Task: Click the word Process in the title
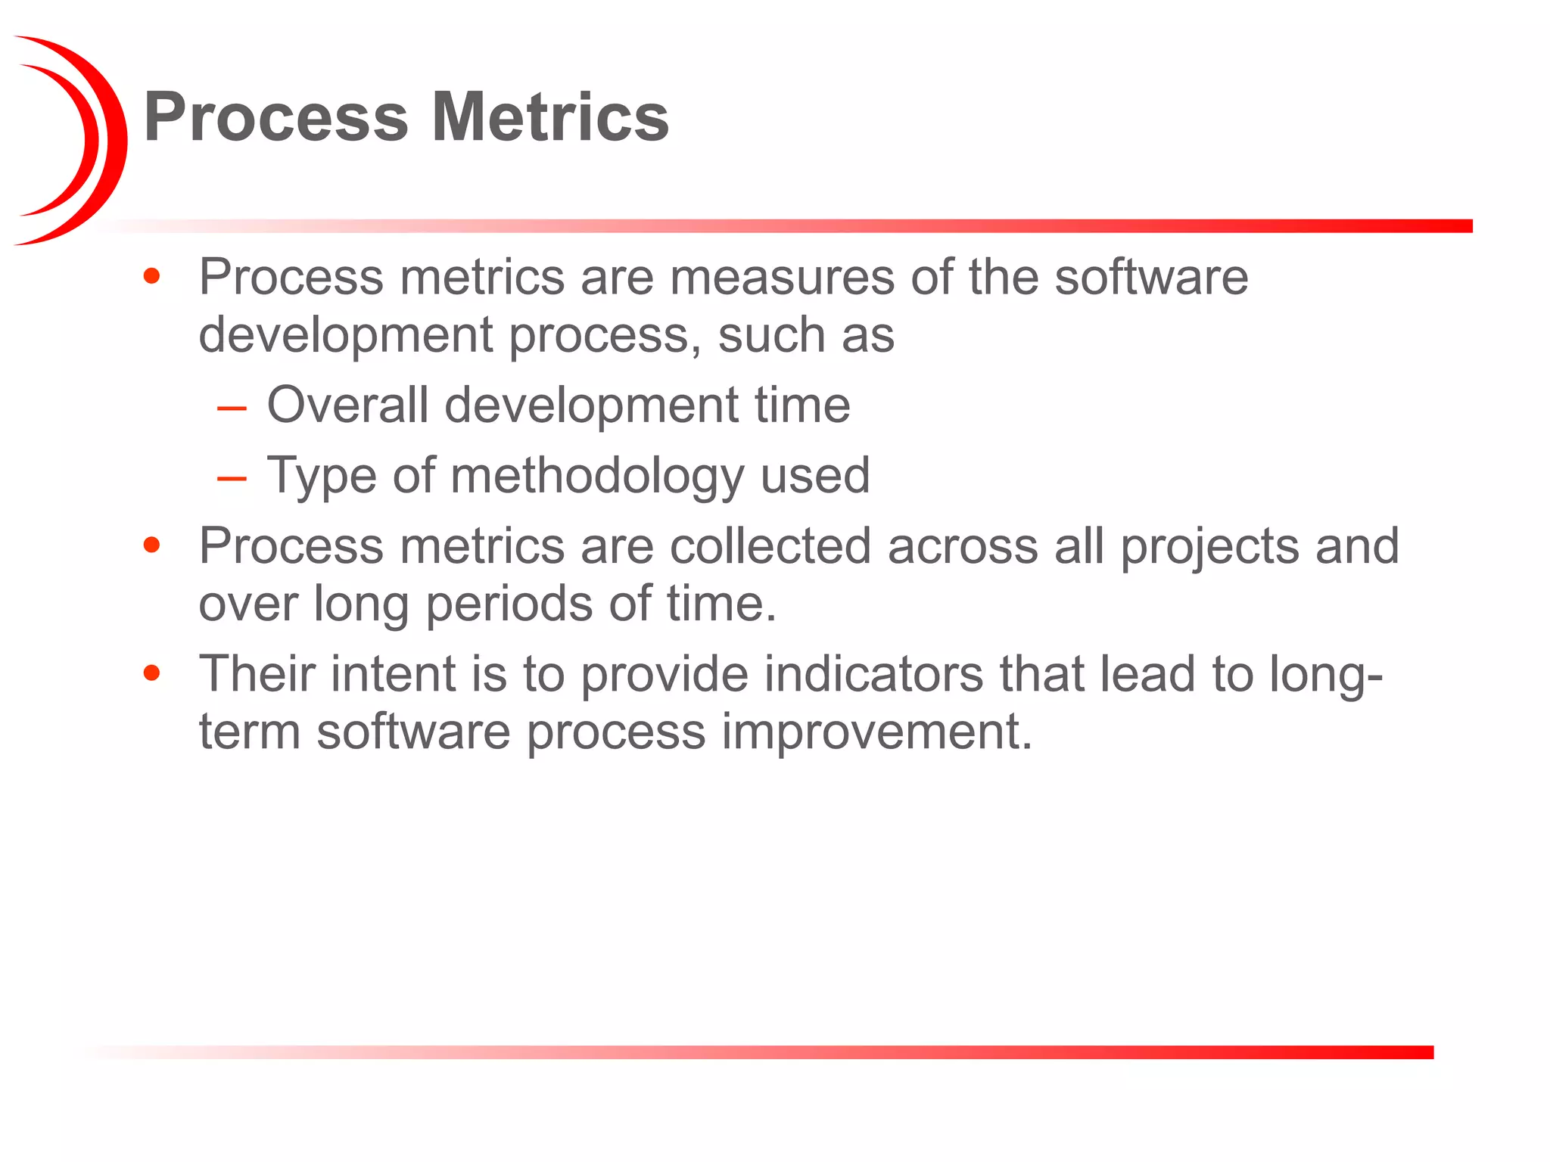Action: (x=275, y=117)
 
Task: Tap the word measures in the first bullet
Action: (x=782, y=278)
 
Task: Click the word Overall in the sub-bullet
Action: (x=347, y=405)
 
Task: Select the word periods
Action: (x=509, y=605)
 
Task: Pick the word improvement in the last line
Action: (x=876, y=732)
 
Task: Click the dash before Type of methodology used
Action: (x=232, y=479)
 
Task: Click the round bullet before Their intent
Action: (x=152, y=673)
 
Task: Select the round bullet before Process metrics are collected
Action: (x=152, y=545)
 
